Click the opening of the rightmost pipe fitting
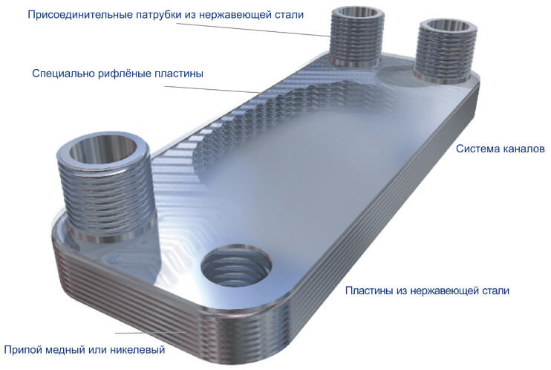click(446, 27)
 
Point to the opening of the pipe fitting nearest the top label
click(358, 14)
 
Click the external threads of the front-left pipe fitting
click(105, 196)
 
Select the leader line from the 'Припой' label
click(150, 333)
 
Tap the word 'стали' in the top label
click(289, 16)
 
